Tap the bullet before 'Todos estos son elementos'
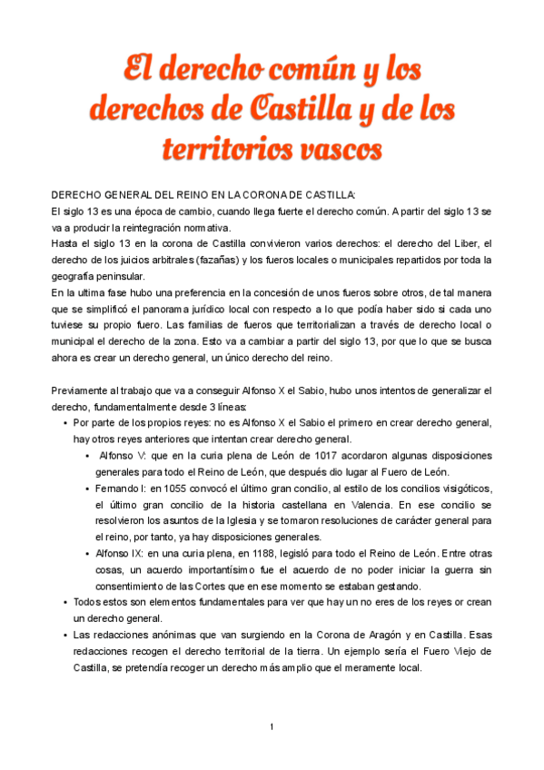coord(64,603)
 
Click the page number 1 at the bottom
coord(272,727)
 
